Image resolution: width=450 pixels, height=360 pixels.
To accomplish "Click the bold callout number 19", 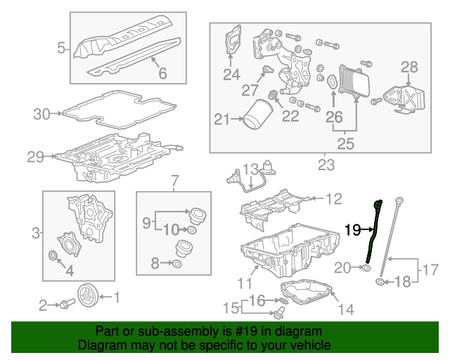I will [353, 229].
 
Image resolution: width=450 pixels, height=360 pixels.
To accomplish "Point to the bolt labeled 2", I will [65, 305].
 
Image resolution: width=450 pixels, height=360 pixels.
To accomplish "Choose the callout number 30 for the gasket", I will [42, 113].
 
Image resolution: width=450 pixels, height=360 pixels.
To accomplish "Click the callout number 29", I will [35, 157].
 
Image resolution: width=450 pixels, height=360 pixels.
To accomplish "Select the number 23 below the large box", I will [326, 166].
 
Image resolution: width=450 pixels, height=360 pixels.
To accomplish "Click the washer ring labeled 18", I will [380, 283].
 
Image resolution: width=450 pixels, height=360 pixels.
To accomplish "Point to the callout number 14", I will [346, 309].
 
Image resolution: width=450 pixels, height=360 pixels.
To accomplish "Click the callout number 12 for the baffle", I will [333, 199].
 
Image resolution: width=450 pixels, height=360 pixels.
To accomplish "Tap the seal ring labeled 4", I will [53, 254].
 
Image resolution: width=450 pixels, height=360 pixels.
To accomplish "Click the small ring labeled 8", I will [177, 264].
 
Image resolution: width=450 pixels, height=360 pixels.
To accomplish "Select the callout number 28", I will [409, 67].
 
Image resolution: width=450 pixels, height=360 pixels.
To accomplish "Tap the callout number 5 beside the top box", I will [62, 49].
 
